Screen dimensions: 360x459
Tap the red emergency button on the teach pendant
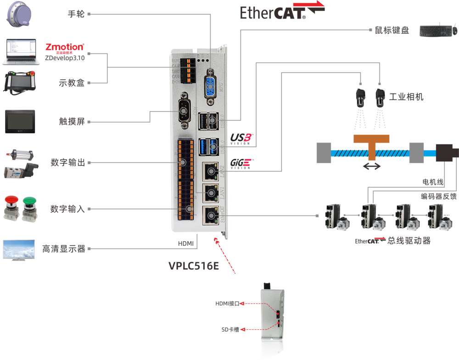click(x=35, y=74)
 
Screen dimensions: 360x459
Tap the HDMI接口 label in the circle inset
click(x=228, y=303)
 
